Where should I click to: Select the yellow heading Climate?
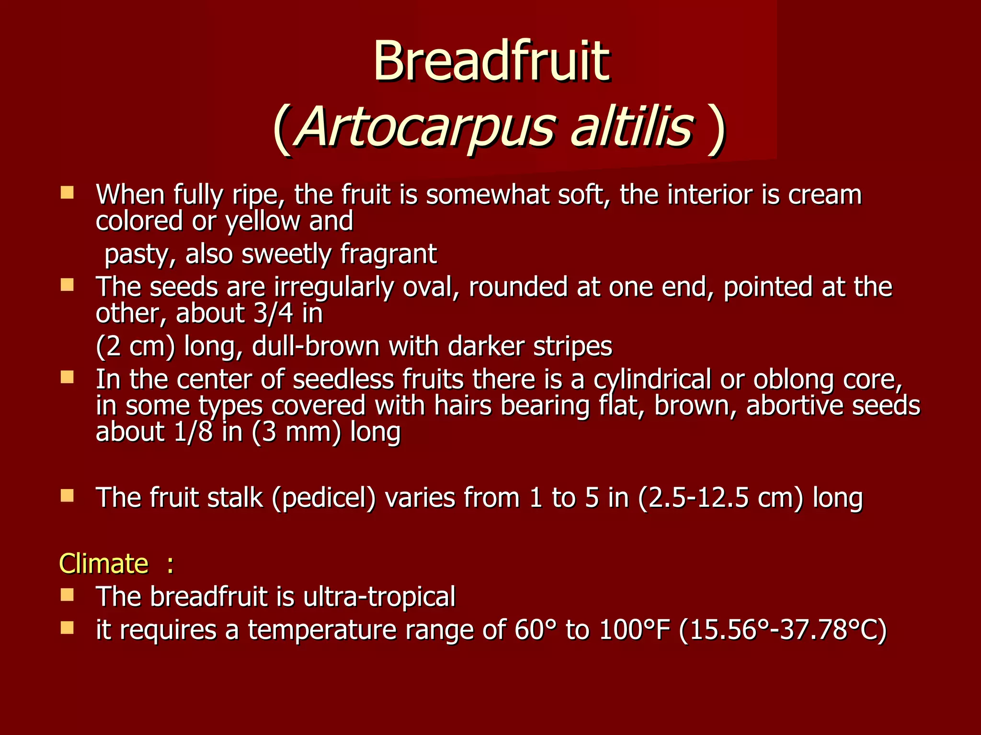point(103,563)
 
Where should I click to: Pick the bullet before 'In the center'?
point(67,378)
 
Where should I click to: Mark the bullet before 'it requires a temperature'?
point(67,627)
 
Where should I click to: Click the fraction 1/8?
point(193,432)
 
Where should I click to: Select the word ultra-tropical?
point(379,597)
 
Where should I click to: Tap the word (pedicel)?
point(324,498)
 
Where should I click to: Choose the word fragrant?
point(388,254)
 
